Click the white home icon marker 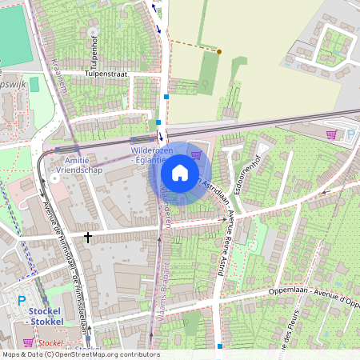pos(180,173)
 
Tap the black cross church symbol pos(86,237)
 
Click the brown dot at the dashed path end pos(219,51)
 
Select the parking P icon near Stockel pos(21,301)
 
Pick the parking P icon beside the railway pos(349,134)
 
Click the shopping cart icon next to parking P pos(332,134)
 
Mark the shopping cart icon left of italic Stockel pos(28,342)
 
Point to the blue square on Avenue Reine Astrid pos(219,346)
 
